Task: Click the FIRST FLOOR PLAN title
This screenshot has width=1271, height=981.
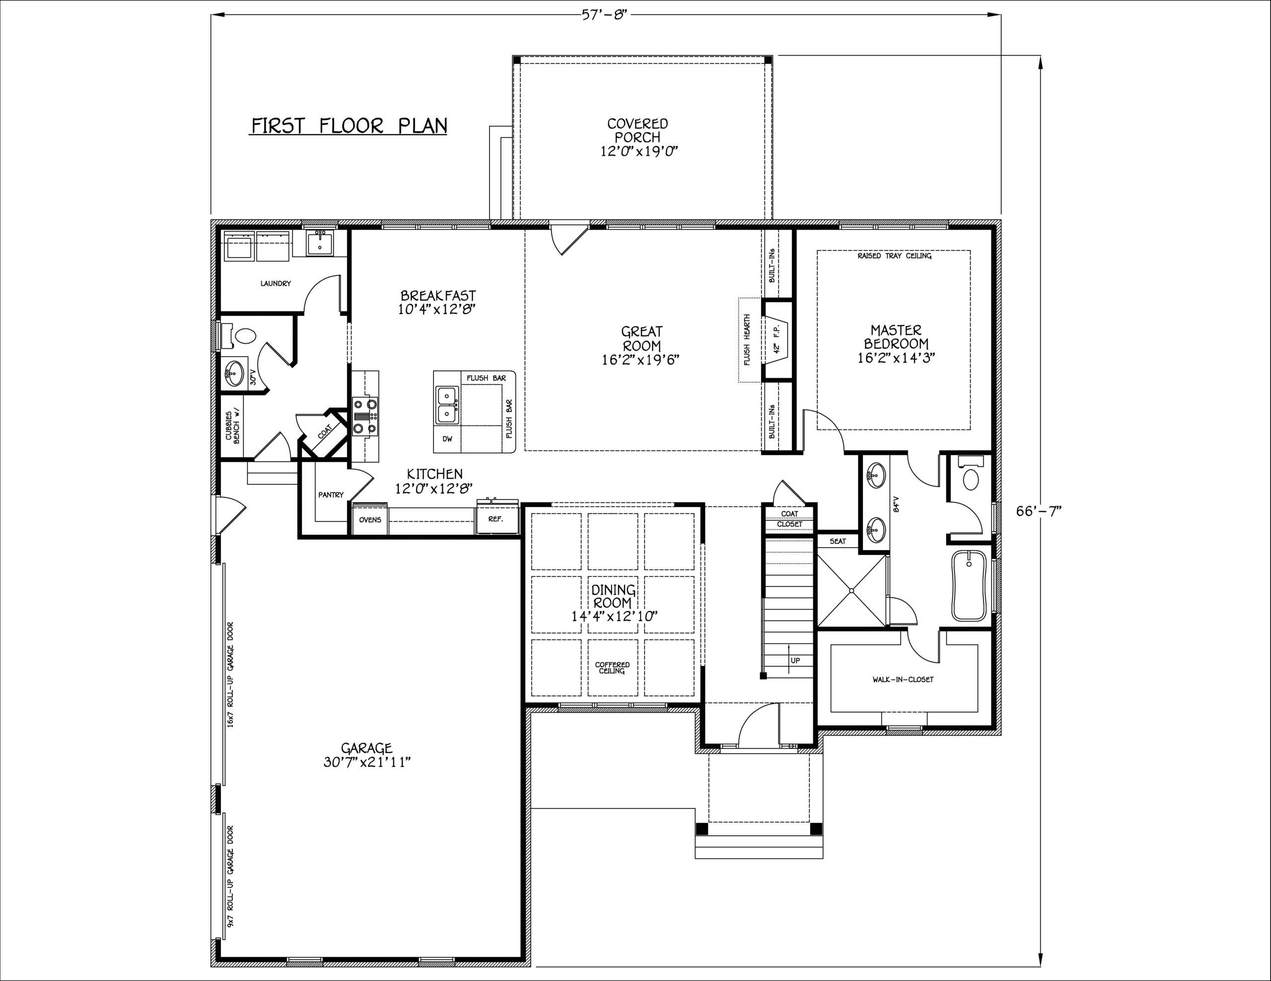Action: tap(349, 125)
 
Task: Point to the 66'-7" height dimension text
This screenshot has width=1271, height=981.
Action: tap(1039, 510)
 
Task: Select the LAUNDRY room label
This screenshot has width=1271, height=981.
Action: tap(275, 284)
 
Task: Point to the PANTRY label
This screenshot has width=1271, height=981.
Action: tap(331, 495)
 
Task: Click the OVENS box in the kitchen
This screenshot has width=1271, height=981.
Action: tap(370, 520)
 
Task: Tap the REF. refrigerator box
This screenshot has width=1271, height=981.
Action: tap(496, 519)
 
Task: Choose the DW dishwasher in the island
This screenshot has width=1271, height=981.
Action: tap(447, 439)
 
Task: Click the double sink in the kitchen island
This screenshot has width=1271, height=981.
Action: tap(447, 405)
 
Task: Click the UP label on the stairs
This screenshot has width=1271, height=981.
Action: tap(795, 661)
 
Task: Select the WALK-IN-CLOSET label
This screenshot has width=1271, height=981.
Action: tap(903, 679)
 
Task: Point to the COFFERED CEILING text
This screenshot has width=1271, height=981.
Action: tap(612, 668)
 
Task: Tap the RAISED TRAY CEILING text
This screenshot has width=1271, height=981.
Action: tap(895, 256)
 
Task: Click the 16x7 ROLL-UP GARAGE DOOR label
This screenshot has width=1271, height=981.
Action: tap(231, 674)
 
